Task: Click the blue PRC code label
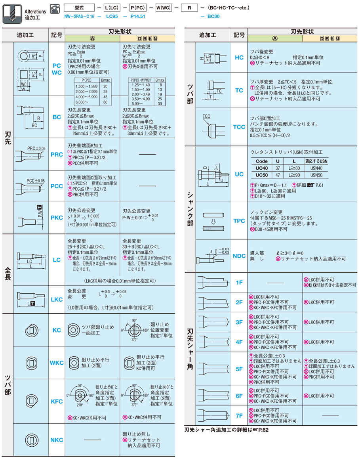point(57,155)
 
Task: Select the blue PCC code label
point(57,186)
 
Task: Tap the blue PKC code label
point(57,218)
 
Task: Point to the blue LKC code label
point(57,299)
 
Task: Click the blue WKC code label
point(57,363)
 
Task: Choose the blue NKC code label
point(57,440)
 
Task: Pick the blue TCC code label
point(239,127)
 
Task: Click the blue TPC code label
point(239,221)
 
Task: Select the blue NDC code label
point(239,256)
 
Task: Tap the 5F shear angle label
point(239,369)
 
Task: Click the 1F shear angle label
point(239,282)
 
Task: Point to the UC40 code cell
point(262,168)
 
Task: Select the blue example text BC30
point(213,17)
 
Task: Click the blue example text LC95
point(112,17)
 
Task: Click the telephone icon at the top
point(55,7)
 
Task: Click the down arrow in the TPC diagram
point(213,222)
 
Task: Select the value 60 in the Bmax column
point(105,102)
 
